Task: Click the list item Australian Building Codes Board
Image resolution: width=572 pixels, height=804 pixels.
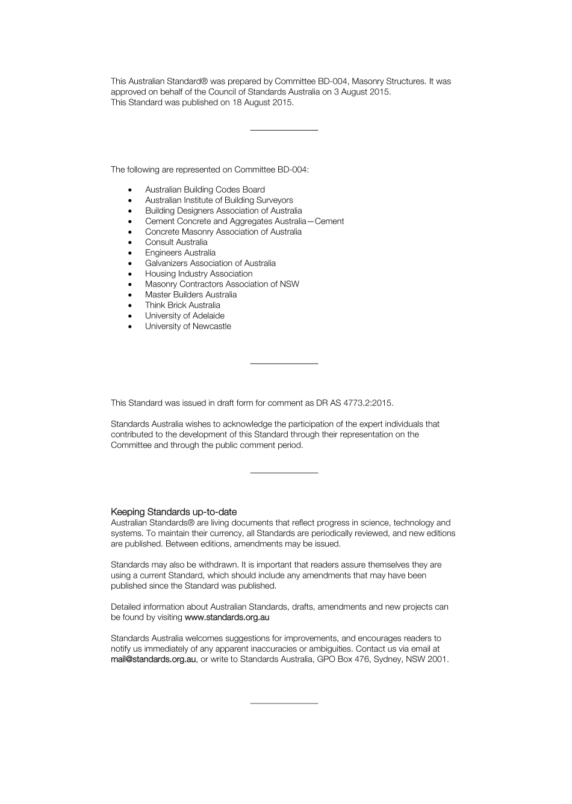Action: click(x=205, y=190)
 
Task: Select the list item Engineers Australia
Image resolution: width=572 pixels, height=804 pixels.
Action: click(x=180, y=253)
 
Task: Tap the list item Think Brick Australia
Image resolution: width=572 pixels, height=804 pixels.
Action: click(x=182, y=305)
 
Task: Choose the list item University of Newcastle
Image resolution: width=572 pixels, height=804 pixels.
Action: click(x=188, y=326)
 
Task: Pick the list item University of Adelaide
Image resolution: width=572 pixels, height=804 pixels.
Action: click(x=184, y=315)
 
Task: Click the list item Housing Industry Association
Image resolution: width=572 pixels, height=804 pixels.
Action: click(x=199, y=273)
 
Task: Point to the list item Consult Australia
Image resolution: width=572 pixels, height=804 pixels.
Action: click(x=176, y=242)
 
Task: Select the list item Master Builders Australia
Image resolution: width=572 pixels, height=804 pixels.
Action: click(x=191, y=294)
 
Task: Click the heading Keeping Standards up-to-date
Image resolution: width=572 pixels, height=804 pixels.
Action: click(x=173, y=512)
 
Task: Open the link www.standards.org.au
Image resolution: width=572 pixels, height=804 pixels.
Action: click(x=227, y=617)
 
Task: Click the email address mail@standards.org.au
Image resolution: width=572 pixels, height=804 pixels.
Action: click(x=154, y=659)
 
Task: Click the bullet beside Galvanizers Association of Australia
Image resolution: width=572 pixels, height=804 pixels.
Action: click(x=130, y=264)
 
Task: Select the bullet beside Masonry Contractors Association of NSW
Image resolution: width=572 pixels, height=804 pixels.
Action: click(x=130, y=285)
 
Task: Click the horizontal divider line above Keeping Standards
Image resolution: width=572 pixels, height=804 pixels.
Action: click(x=284, y=473)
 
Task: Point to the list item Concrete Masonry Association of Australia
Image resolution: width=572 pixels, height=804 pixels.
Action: click(x=223, y=232)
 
